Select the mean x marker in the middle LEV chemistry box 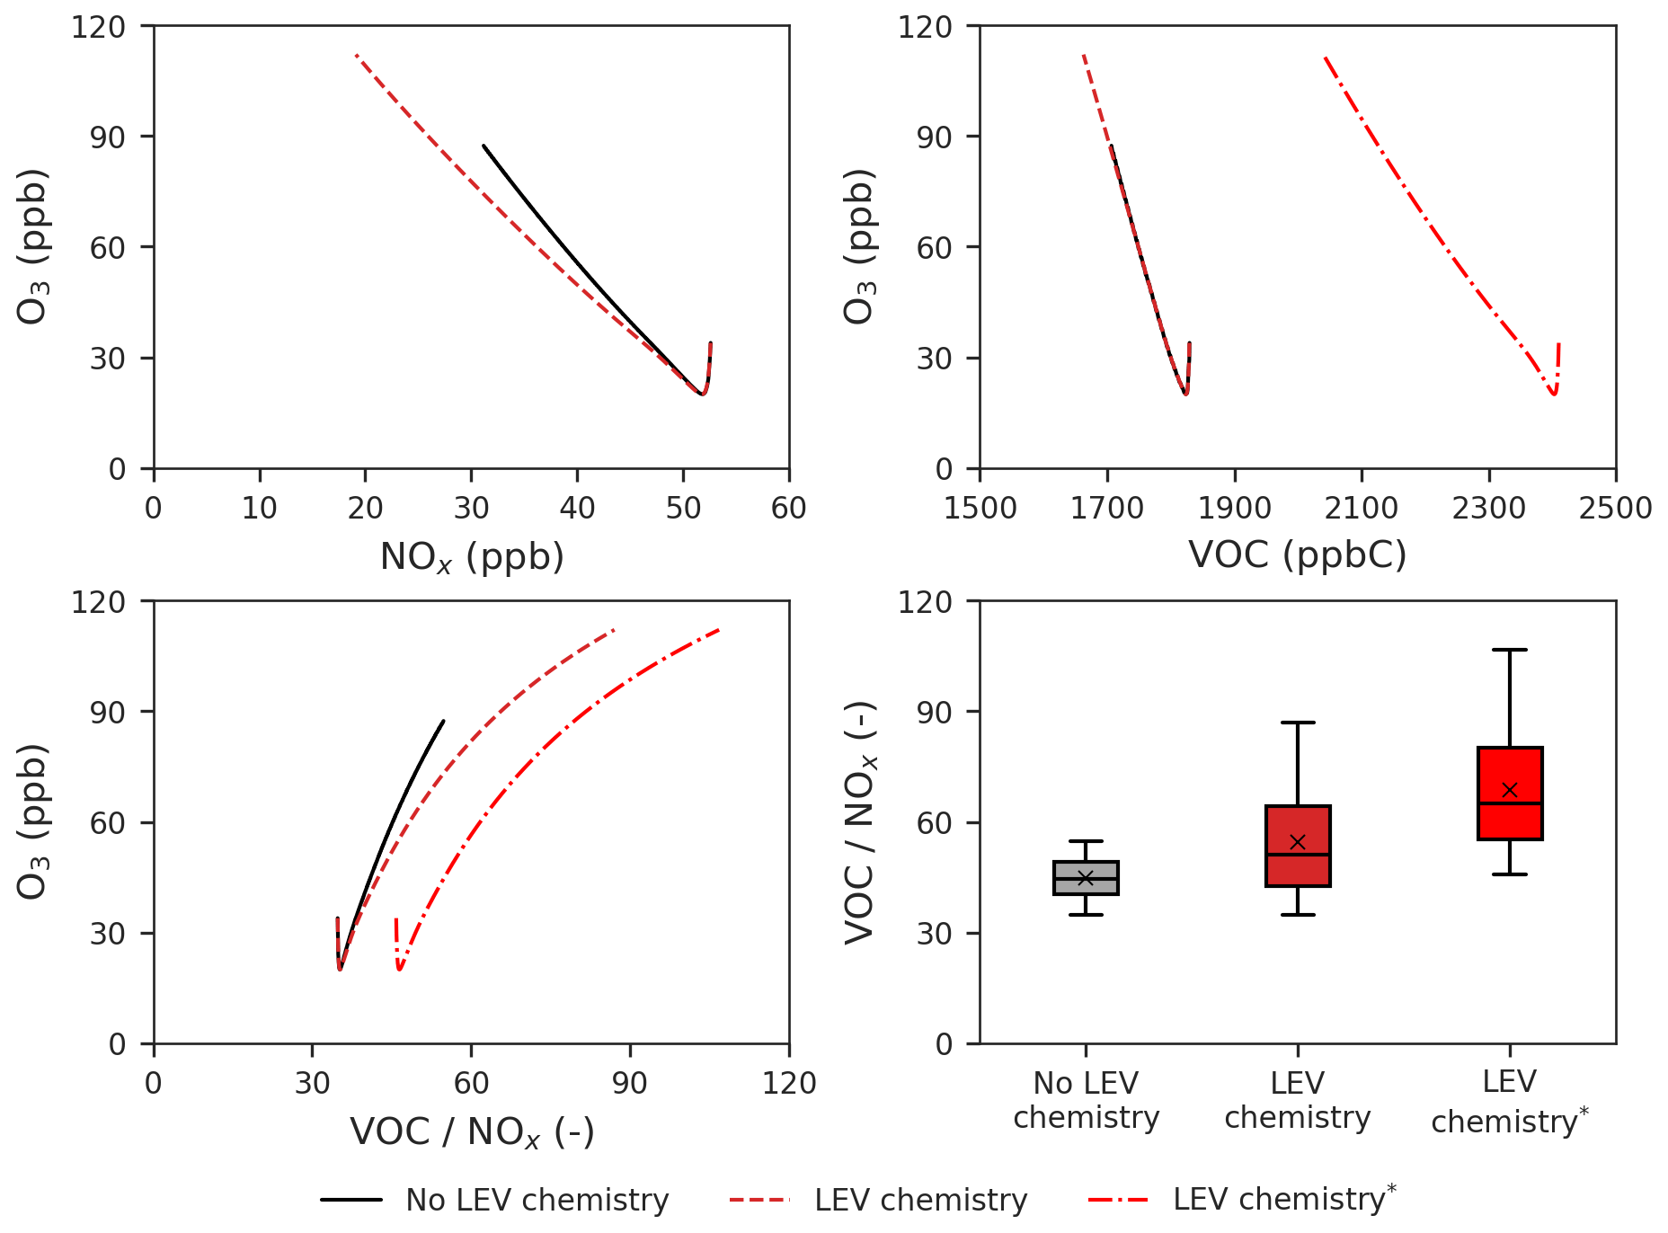coord(1298,842)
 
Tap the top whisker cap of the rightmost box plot coord(1510,650)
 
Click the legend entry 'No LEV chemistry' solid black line coord(351,1200)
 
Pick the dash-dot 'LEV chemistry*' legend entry coord(1118,1200)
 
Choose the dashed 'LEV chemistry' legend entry coord(760,1200)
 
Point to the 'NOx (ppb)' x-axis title coord(472,557)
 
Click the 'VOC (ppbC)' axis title coord(1298,555)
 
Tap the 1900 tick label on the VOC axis coord(1235,509)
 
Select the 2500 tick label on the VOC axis coord(1615,509)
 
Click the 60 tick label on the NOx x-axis coord(788,509)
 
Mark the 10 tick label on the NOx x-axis coord(260,509)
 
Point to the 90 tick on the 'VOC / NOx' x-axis coord(630,1084)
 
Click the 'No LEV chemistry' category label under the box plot coord(1086,1100)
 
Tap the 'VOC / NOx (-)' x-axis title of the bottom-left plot coord(472,1132)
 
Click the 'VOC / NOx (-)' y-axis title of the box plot coord(860,822)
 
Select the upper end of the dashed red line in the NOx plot coord(357,55)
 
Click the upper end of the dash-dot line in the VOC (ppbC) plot coord(1326,58)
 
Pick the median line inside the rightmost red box coord(1510,803)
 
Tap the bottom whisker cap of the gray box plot coord(1086,915)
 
